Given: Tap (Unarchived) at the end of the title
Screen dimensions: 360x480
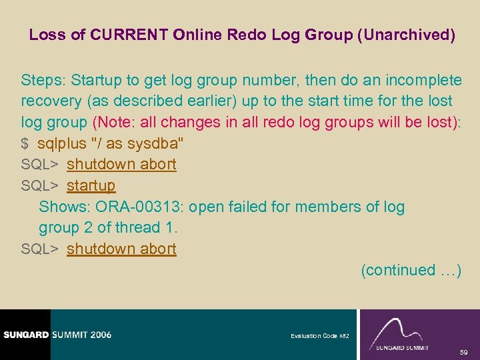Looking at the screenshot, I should (407, 35).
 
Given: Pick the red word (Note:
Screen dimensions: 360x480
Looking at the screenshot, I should (115, 123).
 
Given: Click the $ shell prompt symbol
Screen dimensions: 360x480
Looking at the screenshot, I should (25, 143).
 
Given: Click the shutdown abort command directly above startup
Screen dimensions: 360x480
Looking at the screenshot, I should (121, 164).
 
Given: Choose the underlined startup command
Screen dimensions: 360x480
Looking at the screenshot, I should (91, 185).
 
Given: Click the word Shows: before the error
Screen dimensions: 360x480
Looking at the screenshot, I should (61, 207).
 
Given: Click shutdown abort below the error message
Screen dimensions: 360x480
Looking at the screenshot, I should (121, 249).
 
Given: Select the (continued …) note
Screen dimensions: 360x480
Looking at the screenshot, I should (411, 270).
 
